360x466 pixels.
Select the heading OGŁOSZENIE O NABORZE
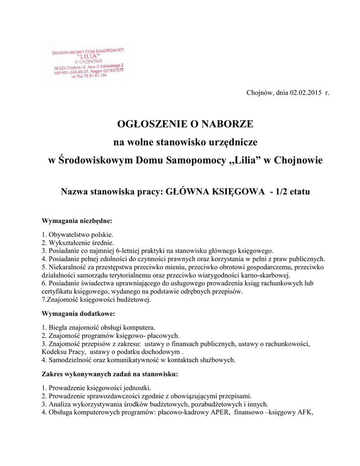185,124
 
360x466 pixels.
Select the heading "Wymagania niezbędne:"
77,221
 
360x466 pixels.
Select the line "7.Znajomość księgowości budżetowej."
96,299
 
